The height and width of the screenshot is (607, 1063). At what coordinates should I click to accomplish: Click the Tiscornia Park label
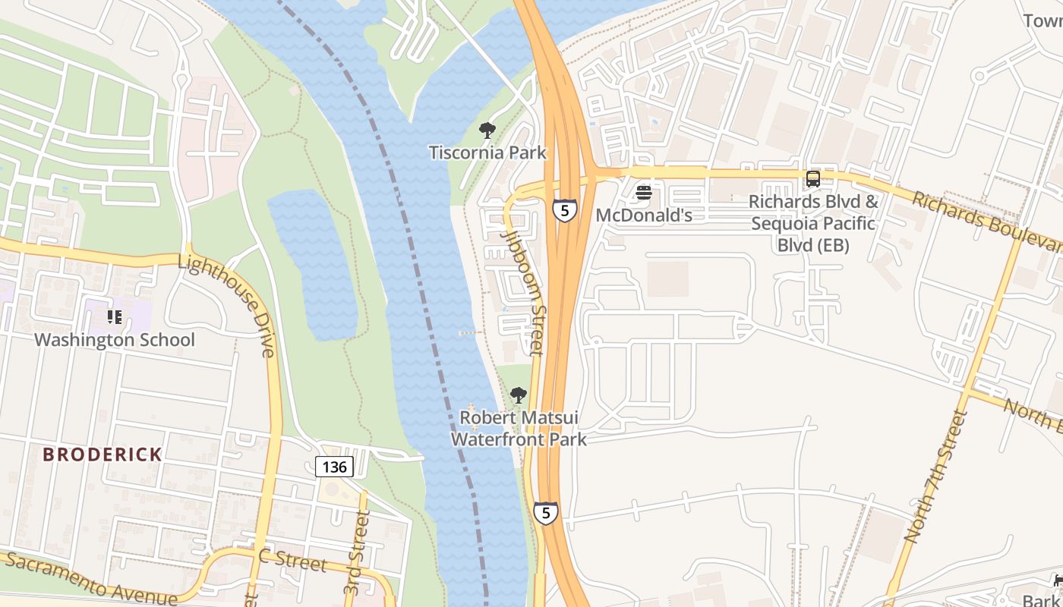pos(487,153)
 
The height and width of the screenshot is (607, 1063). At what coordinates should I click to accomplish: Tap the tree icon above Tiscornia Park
pos(487,131)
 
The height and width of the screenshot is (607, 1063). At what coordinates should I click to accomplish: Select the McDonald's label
pos(644,215)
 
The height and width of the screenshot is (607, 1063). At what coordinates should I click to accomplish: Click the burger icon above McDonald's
pos(644,193)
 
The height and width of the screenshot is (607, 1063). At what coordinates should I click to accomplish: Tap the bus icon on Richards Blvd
pos(813,179)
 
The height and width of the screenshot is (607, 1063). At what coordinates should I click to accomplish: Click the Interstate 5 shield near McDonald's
pos(564,210)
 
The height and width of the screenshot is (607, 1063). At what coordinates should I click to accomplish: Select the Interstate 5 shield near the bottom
pos(545,513)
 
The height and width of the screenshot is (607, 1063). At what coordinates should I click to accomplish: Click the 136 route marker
pos(334,467)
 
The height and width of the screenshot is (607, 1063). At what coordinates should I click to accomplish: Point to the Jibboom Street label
pos(525,292)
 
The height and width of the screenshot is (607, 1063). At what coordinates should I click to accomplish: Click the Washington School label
pos(115,340)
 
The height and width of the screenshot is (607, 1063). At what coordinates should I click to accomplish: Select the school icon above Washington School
pos(115,316)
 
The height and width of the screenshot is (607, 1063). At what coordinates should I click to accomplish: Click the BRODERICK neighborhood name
pos(103,454)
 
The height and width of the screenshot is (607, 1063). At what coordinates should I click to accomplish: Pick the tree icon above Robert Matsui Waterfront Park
pos(519,395)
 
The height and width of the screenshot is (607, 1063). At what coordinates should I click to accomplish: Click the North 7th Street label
pos(936,476)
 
